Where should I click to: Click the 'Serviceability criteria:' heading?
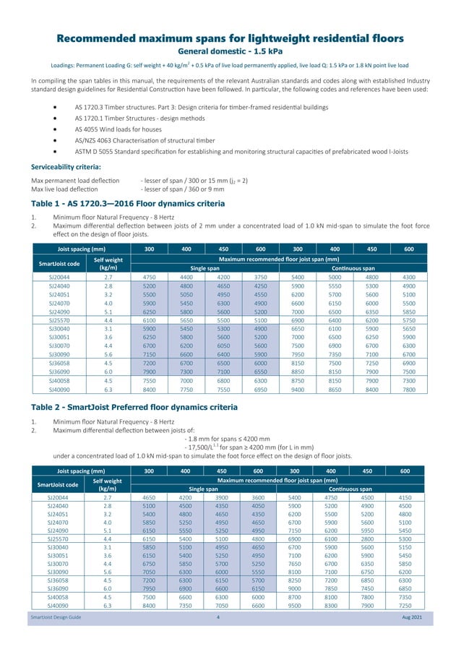[x=72, y=166]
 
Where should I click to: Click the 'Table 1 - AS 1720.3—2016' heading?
[x=132, y=204]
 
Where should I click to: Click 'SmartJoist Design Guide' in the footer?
[x=56, y=638]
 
